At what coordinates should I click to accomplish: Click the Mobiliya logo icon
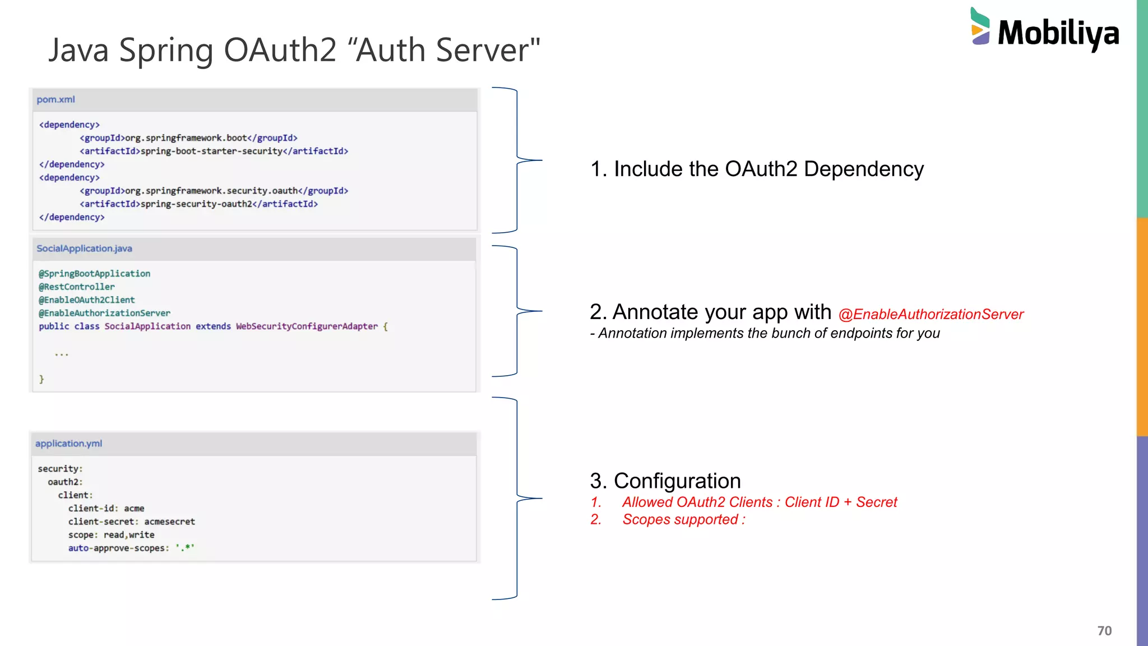pyautogui.click(x=980, y=26)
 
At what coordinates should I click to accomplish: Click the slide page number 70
pyautogui.click(x=1104, y=631)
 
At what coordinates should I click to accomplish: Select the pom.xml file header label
pyautogui.click(x=55, y=100)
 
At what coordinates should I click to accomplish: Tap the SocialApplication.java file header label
pyautogui.click(x=84, y=248)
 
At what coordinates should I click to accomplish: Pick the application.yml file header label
pyautogui.click(x=68, y=444)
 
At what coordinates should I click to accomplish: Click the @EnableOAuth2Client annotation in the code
pyautogui.click(x=86, y=300)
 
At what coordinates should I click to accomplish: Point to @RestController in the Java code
pyautogui.click(x=76, y=287)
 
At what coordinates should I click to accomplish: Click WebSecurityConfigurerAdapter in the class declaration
pyautogui.click(x=307, y=326)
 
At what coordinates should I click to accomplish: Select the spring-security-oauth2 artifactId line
pyautogui.click(x=198, y=204)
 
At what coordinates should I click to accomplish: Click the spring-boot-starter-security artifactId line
pyautogui.click(x=214, y=151)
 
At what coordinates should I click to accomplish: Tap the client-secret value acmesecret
pyautogui.click(x=169, y=522)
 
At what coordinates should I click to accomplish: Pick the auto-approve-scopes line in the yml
pyautogui.click(x=131, y=548)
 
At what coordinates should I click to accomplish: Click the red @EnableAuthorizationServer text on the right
pyautogui.click(x=931, y=315)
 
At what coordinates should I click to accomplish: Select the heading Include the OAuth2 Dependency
pyautogui.click(x=757, y=169)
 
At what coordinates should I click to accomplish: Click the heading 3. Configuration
pyautogui.click(x=665, y=481)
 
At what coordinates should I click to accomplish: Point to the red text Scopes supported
pyautogui.click(x=683, y=520)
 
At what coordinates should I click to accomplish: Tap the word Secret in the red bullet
pyautogui.click(x=876, y=502)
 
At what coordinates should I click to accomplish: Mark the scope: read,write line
pyautogui.click(x=111, y=535)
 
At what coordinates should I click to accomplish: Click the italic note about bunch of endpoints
pyautogui.click(x=765, y=334)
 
